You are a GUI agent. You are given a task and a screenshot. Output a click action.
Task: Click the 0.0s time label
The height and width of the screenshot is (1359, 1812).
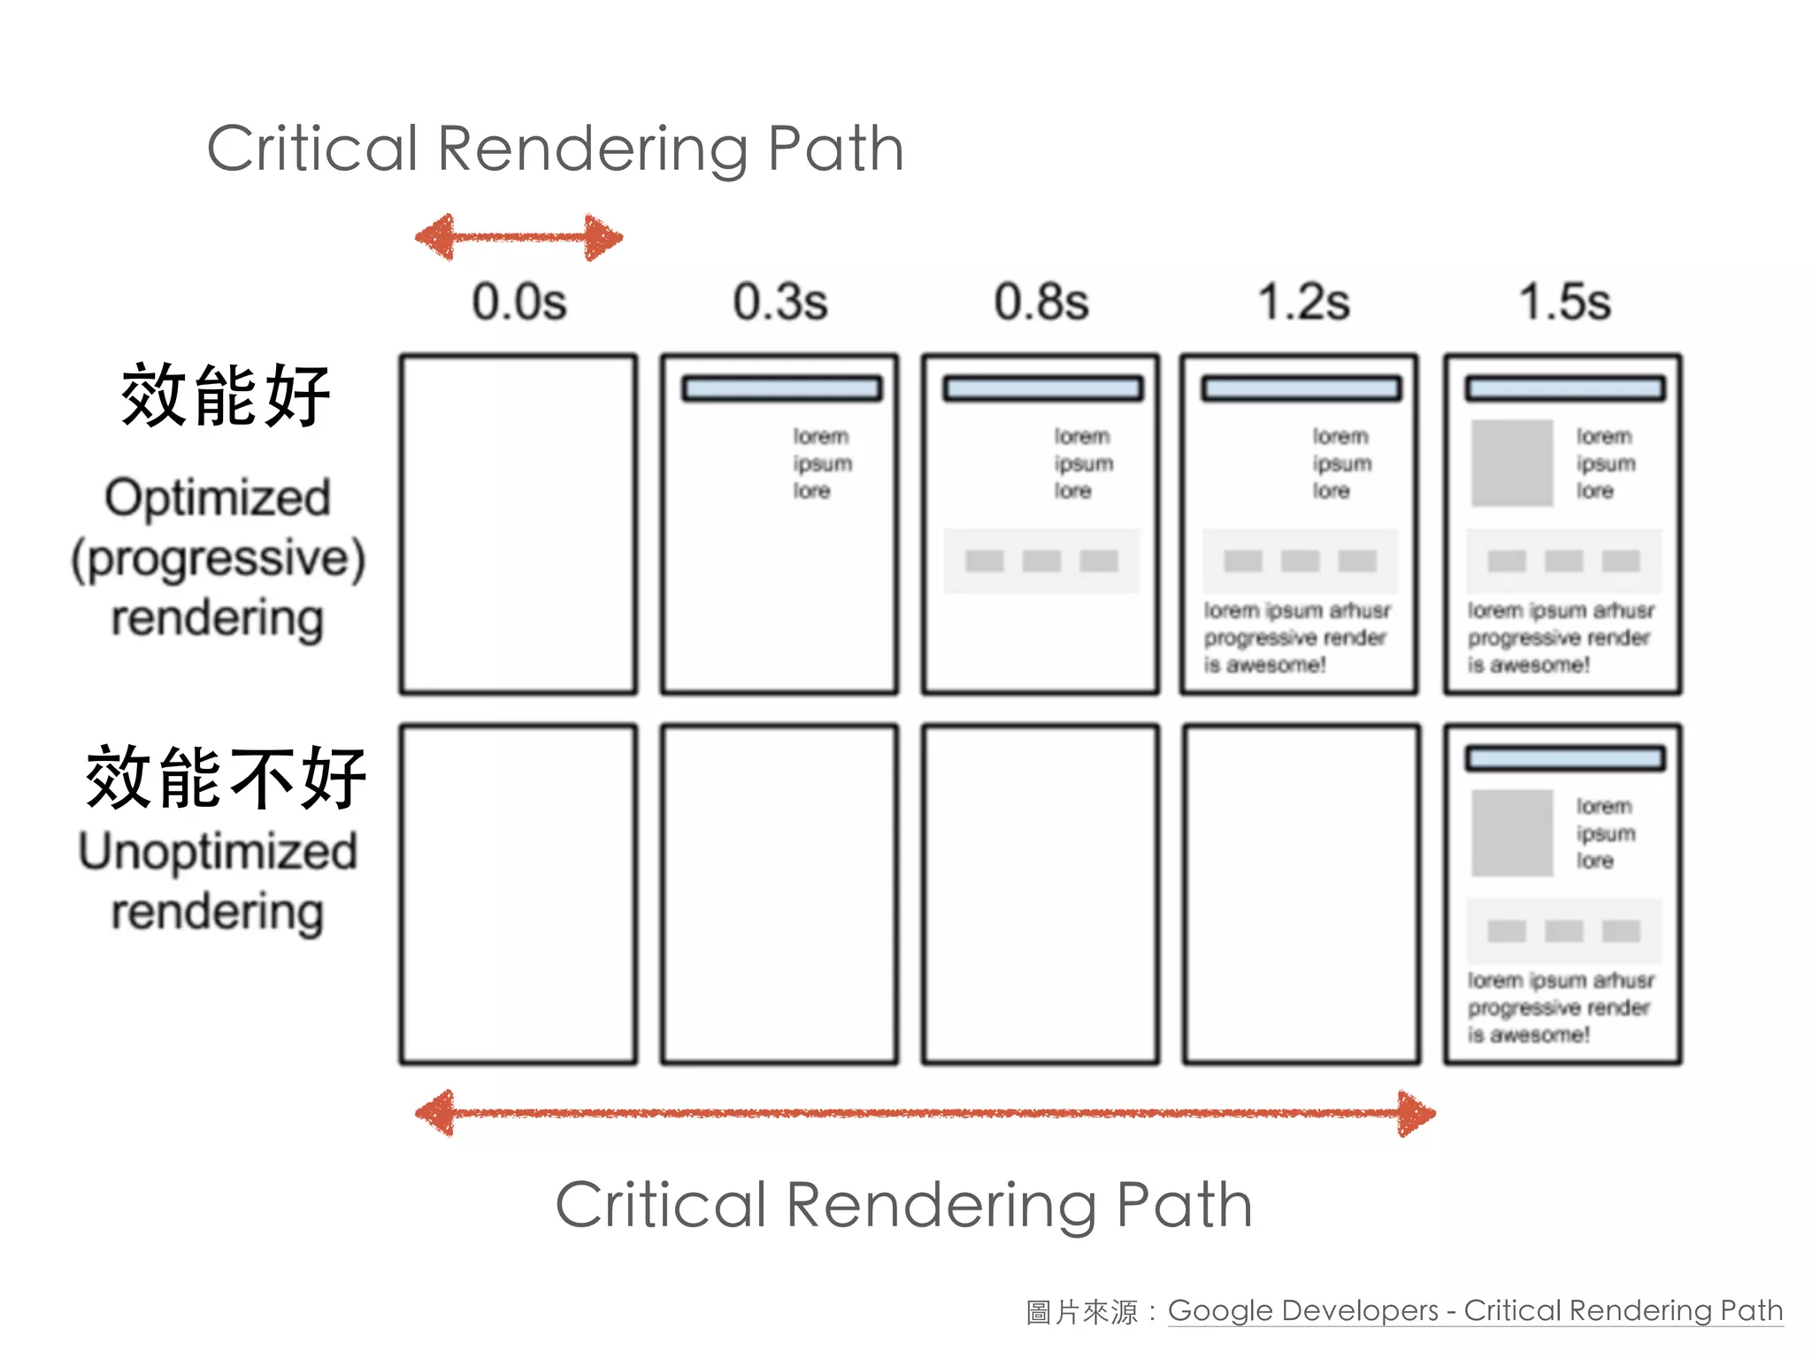[518, 302]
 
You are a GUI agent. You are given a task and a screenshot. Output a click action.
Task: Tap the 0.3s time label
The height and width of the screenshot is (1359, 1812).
[779, 302]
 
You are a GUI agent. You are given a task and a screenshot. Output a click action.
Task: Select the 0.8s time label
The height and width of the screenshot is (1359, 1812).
[1040, 302]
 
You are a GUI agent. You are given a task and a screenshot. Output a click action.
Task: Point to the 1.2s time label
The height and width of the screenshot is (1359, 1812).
[1303, 302]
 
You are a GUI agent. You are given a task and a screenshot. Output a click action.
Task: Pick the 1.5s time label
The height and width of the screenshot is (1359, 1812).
[1564, 302]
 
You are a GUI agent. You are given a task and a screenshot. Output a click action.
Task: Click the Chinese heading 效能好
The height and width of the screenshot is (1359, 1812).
[226, 395]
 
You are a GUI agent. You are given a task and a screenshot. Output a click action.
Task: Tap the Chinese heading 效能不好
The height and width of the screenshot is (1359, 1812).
[226, 777]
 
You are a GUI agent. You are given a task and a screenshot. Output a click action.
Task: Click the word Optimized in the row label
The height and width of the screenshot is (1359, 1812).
[218, 497]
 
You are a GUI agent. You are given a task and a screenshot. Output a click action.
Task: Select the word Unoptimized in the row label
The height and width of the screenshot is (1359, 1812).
[218, 851]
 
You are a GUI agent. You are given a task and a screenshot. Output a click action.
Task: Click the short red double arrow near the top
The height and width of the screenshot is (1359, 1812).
[519, 237]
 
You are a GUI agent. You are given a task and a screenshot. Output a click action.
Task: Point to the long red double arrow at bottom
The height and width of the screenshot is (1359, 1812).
[925, 1113]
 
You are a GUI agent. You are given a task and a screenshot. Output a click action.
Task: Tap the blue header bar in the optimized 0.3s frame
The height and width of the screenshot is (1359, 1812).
[781, 388]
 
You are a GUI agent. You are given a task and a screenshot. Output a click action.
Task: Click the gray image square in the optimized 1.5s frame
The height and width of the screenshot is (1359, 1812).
[1511, 463]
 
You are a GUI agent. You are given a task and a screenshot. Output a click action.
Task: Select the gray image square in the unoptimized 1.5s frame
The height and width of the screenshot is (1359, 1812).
[1511, 833]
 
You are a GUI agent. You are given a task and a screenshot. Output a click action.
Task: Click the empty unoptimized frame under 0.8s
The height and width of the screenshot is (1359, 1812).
[1040, 894]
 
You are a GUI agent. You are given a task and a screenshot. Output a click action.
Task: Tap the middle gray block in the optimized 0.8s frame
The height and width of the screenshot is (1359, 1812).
[1041, 561]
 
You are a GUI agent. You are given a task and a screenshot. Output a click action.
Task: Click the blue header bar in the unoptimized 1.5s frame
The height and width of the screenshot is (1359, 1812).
[1564, 758]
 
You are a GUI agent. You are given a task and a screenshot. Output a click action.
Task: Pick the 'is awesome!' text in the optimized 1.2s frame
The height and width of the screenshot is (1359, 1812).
[1264, 664]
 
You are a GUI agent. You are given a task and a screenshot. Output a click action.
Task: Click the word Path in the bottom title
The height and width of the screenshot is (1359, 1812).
[1184, 1205]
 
